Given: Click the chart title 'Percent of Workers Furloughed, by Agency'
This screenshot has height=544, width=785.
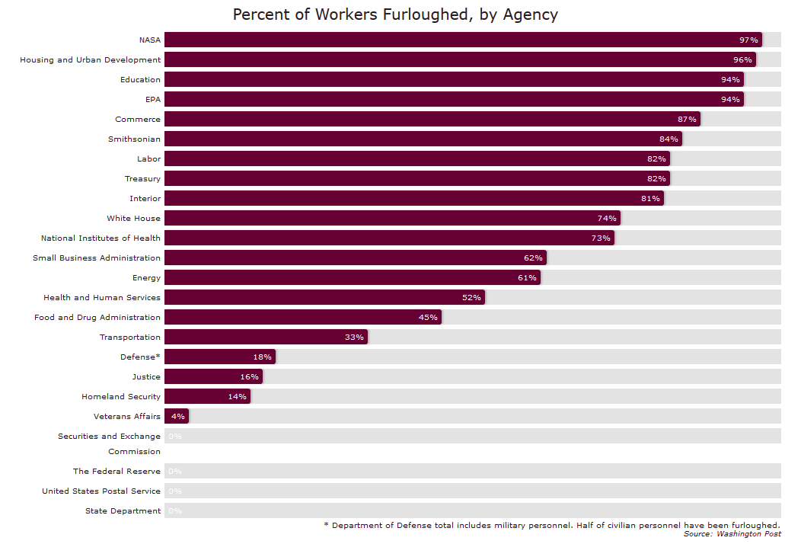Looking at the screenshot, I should [x=395, y=14].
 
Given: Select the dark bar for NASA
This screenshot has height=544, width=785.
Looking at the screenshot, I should [x=457, y=40].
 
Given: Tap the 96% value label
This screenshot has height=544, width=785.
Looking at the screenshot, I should [x=742, y=59].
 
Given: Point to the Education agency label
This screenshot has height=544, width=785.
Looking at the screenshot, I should [x=140, y=79].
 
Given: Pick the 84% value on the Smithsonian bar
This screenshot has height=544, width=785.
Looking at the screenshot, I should [x=669, y=139].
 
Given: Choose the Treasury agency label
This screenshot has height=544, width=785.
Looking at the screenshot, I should [x=142, y=178].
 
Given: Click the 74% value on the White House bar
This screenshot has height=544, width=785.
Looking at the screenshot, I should [x=606, y=218].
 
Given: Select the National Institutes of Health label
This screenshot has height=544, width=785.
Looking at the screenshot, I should [x=101, y=238].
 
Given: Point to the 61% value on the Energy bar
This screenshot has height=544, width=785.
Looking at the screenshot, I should [x=527, y=277].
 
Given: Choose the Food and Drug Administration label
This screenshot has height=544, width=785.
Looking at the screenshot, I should [x=97, y=317].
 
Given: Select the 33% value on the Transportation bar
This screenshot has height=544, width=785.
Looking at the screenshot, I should [x=354, y=337].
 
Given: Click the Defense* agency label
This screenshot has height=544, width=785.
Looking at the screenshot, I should [x=140, y=357].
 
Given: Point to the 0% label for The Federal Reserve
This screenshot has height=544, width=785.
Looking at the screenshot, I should [x=174, y=472].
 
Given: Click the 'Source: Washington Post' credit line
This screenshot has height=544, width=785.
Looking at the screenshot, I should [x=732, y=534].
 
